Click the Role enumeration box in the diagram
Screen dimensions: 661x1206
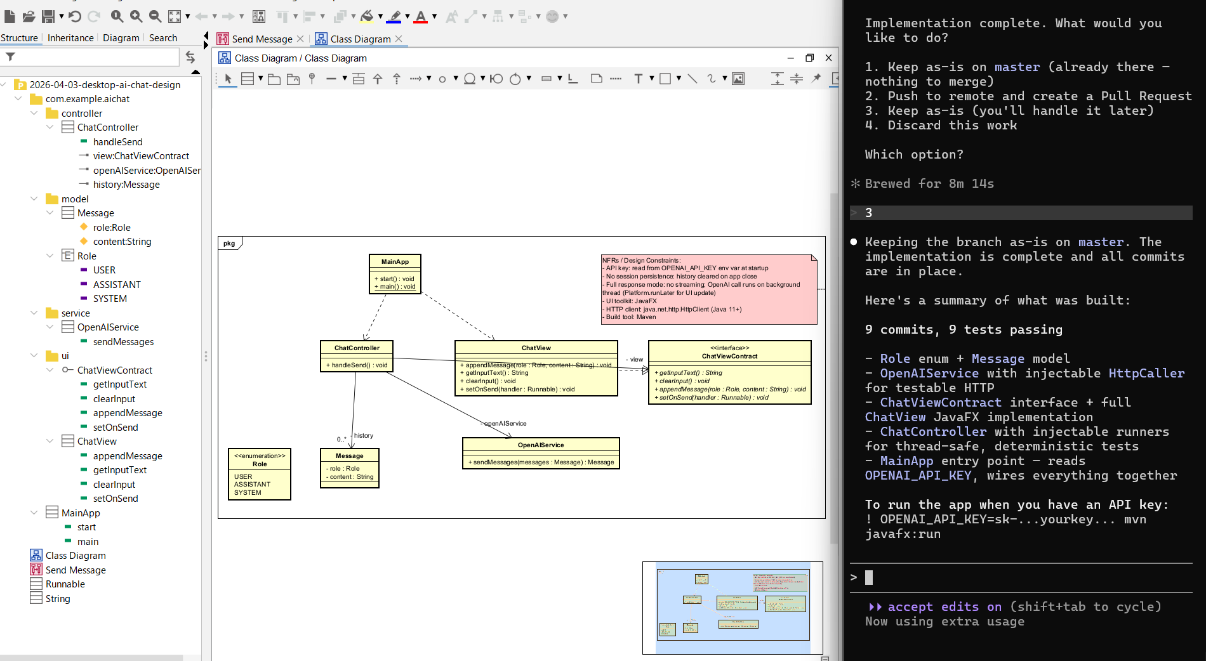click(x=259, y=474)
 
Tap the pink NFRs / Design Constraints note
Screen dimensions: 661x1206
click(x=708, y=289)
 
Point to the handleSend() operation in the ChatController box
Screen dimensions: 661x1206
click(x=356, y=365)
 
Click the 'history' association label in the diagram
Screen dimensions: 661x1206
click(x=364, y=436)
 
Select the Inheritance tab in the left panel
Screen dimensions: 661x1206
click(x=70, y=38)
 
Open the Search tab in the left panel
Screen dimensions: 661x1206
click(x=162, y=38)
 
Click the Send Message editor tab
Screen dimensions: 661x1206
click(x=262, y=39)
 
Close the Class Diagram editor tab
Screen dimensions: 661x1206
click(x=399, y=39)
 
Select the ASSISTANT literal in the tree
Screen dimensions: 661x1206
click(x=117, y=285)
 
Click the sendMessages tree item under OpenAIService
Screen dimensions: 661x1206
click(x=123, y=342)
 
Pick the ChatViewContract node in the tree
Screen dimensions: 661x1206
click(x=114, y=370)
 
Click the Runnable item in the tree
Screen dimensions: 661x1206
click(x=65, y=584)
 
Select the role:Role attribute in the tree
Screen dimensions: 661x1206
click(x=112, y=228)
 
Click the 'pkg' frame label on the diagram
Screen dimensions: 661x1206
click(x=229, y=244)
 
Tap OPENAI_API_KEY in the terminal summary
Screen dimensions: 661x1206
click(x=918, y=476)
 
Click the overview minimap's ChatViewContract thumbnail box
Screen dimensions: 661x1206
click(x=785, y=603)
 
